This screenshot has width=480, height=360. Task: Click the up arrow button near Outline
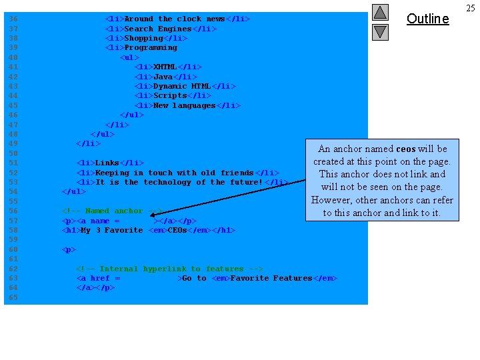pyautogui.click(x=379, y=12)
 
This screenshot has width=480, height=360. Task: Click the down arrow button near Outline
pyautogui.click(x=379, y=31)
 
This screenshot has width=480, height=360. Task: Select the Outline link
pyautogui.click(x=427, y=19)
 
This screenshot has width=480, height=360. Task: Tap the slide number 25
pyautogui.click(x=471, y=8)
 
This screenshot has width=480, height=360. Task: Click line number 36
pyautogui.click(x=12, y=19)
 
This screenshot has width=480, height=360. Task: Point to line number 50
pyautogui.click(x=12, y=153)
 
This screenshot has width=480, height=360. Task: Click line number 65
pyautogui.click(x=12, y=297)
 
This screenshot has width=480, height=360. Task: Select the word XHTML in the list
pyautogui.click(x=165, y=67)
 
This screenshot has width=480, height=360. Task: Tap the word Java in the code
pyautogui.click(x=163, y=77)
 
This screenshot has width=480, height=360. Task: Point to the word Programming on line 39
pyautogui.click(x=151, y=47)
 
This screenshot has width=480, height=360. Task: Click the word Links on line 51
pyautogui.click(x=107, y=163)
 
